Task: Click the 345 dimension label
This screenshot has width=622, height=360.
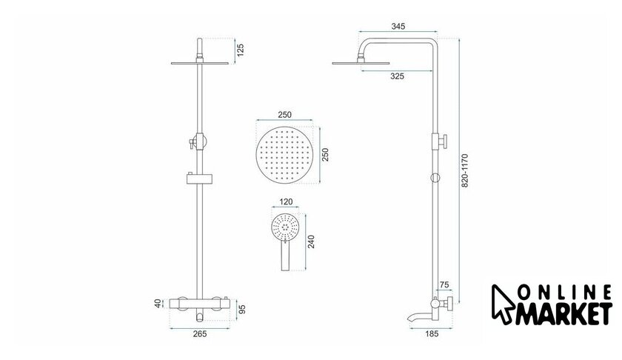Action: [x=398, y=26]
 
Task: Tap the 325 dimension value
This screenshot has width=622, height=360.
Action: [x=397, y=76]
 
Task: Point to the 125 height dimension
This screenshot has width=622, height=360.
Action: [x=241, y=50]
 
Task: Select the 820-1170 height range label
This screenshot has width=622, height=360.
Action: [x=465, y=170]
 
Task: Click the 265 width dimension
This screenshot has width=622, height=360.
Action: [x=200, y=334]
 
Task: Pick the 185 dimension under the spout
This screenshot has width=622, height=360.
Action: [x=432, y=334]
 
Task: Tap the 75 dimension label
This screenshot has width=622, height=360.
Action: [x=444, y=284]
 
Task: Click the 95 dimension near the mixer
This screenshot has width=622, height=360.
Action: [x=242, y=309]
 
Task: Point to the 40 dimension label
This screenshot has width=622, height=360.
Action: [x=158, y=304]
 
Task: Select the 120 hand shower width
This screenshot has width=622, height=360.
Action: [x=286, y=201]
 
